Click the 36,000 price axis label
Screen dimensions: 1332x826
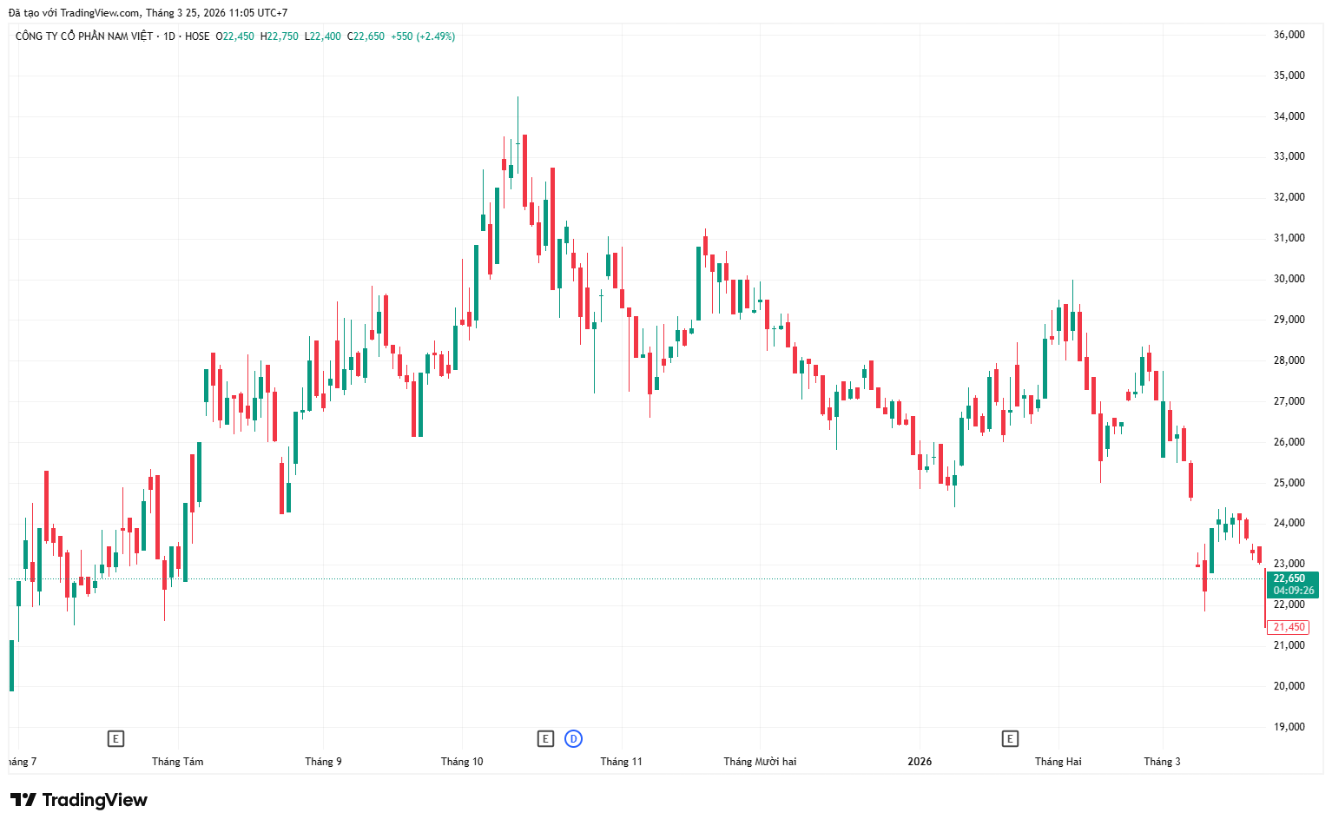[1289, 35]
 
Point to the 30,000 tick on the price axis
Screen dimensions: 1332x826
[1289, 279]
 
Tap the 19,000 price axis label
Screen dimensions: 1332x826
[1289, 727]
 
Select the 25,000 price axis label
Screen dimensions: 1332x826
[1289, 483]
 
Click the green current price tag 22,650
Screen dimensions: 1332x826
[1293, 585]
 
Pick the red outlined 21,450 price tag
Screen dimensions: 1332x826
[1289, 627]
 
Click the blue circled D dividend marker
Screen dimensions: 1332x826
[573, 739]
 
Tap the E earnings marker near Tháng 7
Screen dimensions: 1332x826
[115, 739]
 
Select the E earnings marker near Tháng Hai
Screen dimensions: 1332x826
[1010, 739]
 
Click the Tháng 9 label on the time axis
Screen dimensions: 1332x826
[324, 762]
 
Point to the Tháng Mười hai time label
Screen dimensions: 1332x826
[760, 762]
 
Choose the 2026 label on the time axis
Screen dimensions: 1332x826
[920, 762]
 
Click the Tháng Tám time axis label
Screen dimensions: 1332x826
[177, 762]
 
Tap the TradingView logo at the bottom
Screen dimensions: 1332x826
[78, 800]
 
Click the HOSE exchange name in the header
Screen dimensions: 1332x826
[197, 36]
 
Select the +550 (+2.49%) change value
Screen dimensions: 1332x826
[423, 36]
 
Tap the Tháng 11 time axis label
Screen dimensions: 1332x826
[622, 762]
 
